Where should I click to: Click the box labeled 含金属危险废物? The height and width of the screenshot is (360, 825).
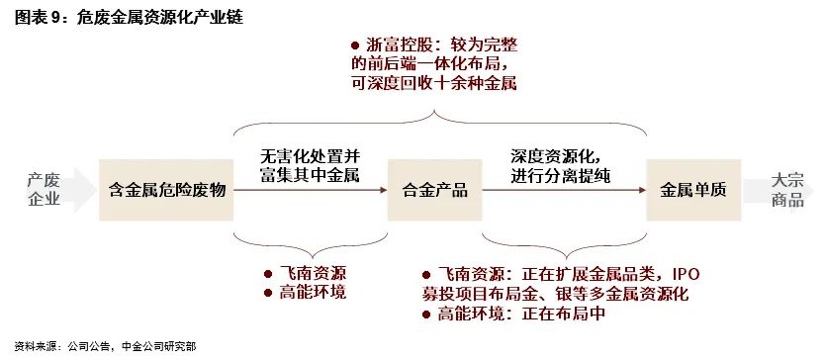click(x=167, y=190)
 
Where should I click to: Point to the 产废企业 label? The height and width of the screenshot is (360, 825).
click(x=45, y=189)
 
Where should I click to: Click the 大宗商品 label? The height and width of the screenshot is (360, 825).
click(x=787, y=189)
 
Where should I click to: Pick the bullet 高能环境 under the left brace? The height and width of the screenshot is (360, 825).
click(x=315, y=293)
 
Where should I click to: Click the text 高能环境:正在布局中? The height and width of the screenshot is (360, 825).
click(x=519, y=315)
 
